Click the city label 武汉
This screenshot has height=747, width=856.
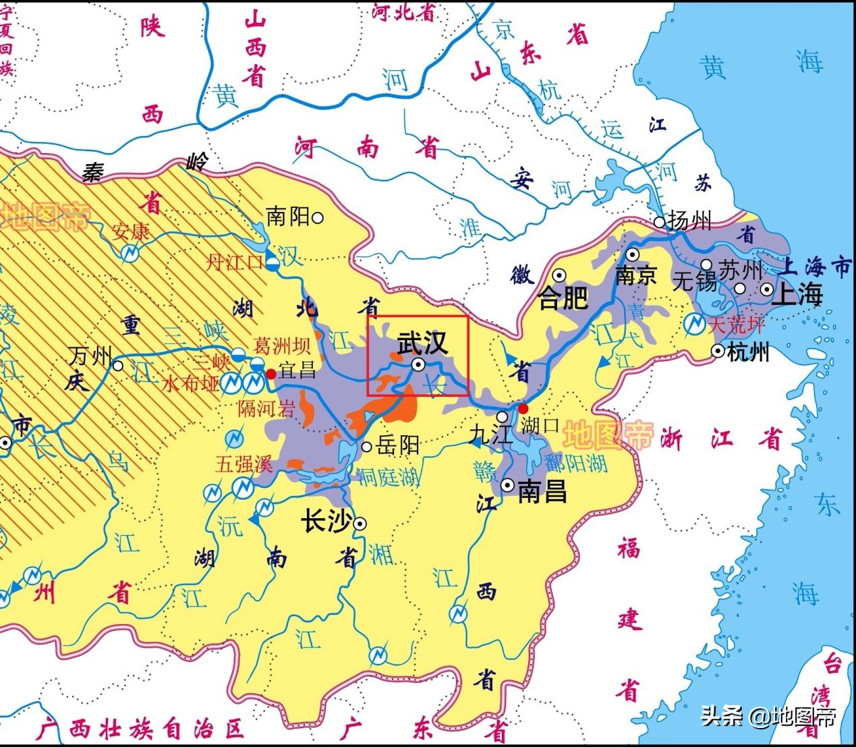(x=422, y=343)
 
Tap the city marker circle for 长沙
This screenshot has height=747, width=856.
(x=360, y=523)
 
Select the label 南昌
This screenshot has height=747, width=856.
(x=542, y=491)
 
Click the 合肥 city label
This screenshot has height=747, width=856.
(x=563, y=298)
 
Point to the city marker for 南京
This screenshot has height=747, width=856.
(x=632, y=254)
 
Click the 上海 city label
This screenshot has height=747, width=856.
(x=800, y=294)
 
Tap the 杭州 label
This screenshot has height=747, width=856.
(x=749, y=352)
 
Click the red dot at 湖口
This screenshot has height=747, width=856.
(x=523, y=408)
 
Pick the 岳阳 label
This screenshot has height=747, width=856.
(x=398, y=445)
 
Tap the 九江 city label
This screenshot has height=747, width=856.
(x=490, y=434)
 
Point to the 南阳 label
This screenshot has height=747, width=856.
(x=288, y=217)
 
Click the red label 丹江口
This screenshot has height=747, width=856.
(x=233, y=262)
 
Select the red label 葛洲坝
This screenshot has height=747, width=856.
(x=282, y=346)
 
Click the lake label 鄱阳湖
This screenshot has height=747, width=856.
(x=576, y=462)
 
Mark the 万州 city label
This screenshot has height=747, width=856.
(x=90, y=356)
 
